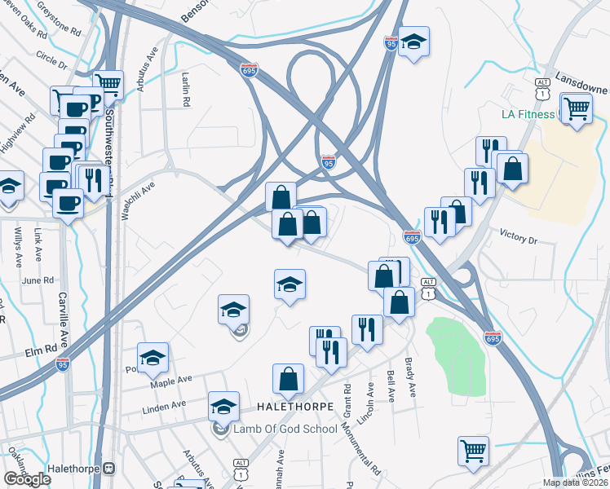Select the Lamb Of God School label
pyautogui.click(x=285, y=429)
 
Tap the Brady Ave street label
pyautogui.click(x=410, y=379)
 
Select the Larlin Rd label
pyautogui.click(x=186, y=88)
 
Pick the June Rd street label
pyautogui.click(x=37, y=280)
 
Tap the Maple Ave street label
pyautogui.click(x=170, y=381)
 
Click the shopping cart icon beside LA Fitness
pyautogui.click(x=576, y=107)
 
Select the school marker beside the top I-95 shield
pyautogui.click(x=414, y=42)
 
